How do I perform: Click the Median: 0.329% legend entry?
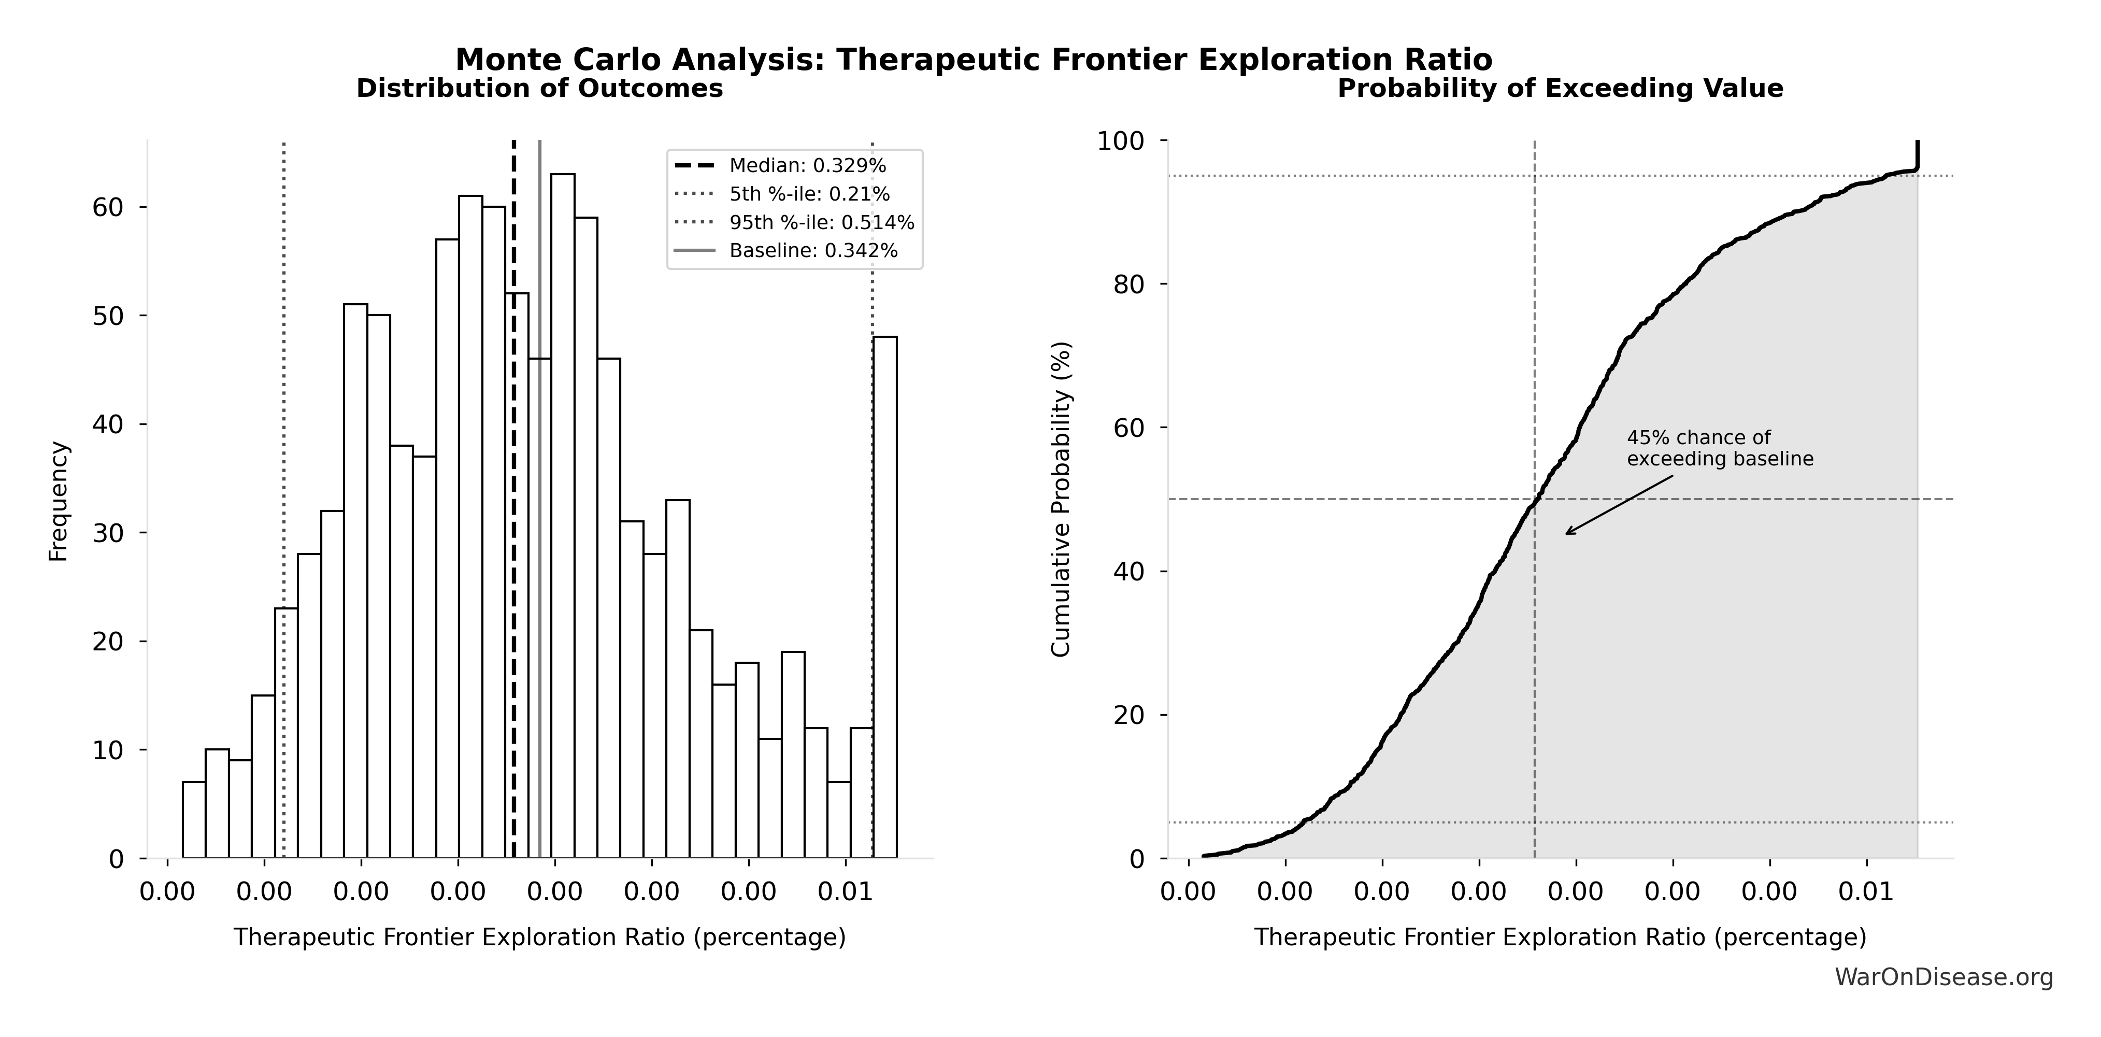click(807, 166)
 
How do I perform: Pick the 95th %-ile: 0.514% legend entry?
click(821, 223)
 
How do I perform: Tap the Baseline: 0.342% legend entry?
click(813, 250)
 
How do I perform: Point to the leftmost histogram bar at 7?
click(193, 820)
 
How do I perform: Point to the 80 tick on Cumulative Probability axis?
click(1129, 284)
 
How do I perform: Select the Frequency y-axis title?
click(59, 501)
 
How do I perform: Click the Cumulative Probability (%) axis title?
click(1060, 500)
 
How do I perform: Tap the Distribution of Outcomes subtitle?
click(539, 88)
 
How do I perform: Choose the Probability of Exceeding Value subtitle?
click(1560, 88)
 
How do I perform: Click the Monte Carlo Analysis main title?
click(973, 60)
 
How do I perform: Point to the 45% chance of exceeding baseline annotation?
click(1719, 448)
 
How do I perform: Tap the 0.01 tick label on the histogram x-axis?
click(846, 892)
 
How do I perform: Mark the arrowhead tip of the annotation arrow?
click(1566, 534)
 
